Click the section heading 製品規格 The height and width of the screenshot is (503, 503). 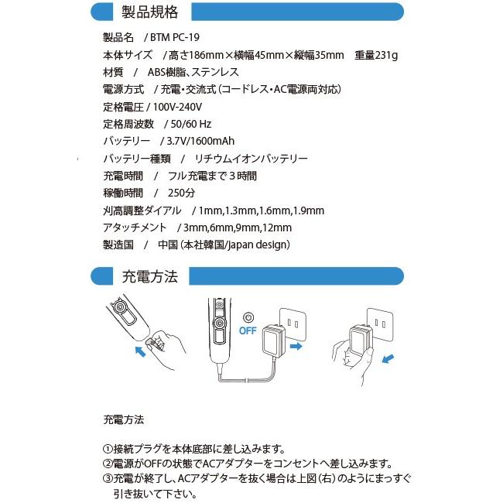[x=150, y=12]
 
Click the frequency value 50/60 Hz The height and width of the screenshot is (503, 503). [x=190, y=124]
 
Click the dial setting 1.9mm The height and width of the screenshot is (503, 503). [x=308, y=210]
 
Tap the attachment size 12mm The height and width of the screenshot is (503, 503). [x=276, y=228]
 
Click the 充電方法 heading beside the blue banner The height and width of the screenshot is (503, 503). [x=150, y=276]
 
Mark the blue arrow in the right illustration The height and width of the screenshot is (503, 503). [x=389, y=359]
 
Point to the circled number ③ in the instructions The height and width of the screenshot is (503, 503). [x=108, y=477]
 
